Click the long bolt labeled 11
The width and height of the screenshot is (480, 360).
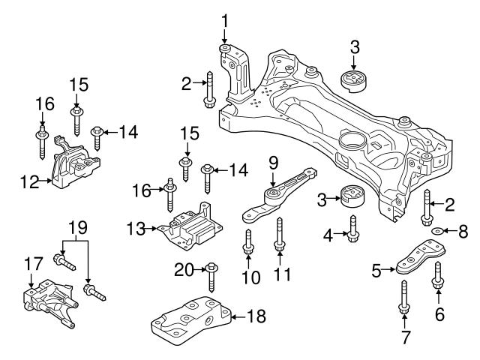[280, 233]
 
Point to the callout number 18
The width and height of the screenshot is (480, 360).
[256, 317]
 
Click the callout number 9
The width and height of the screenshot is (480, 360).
[274, 161]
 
